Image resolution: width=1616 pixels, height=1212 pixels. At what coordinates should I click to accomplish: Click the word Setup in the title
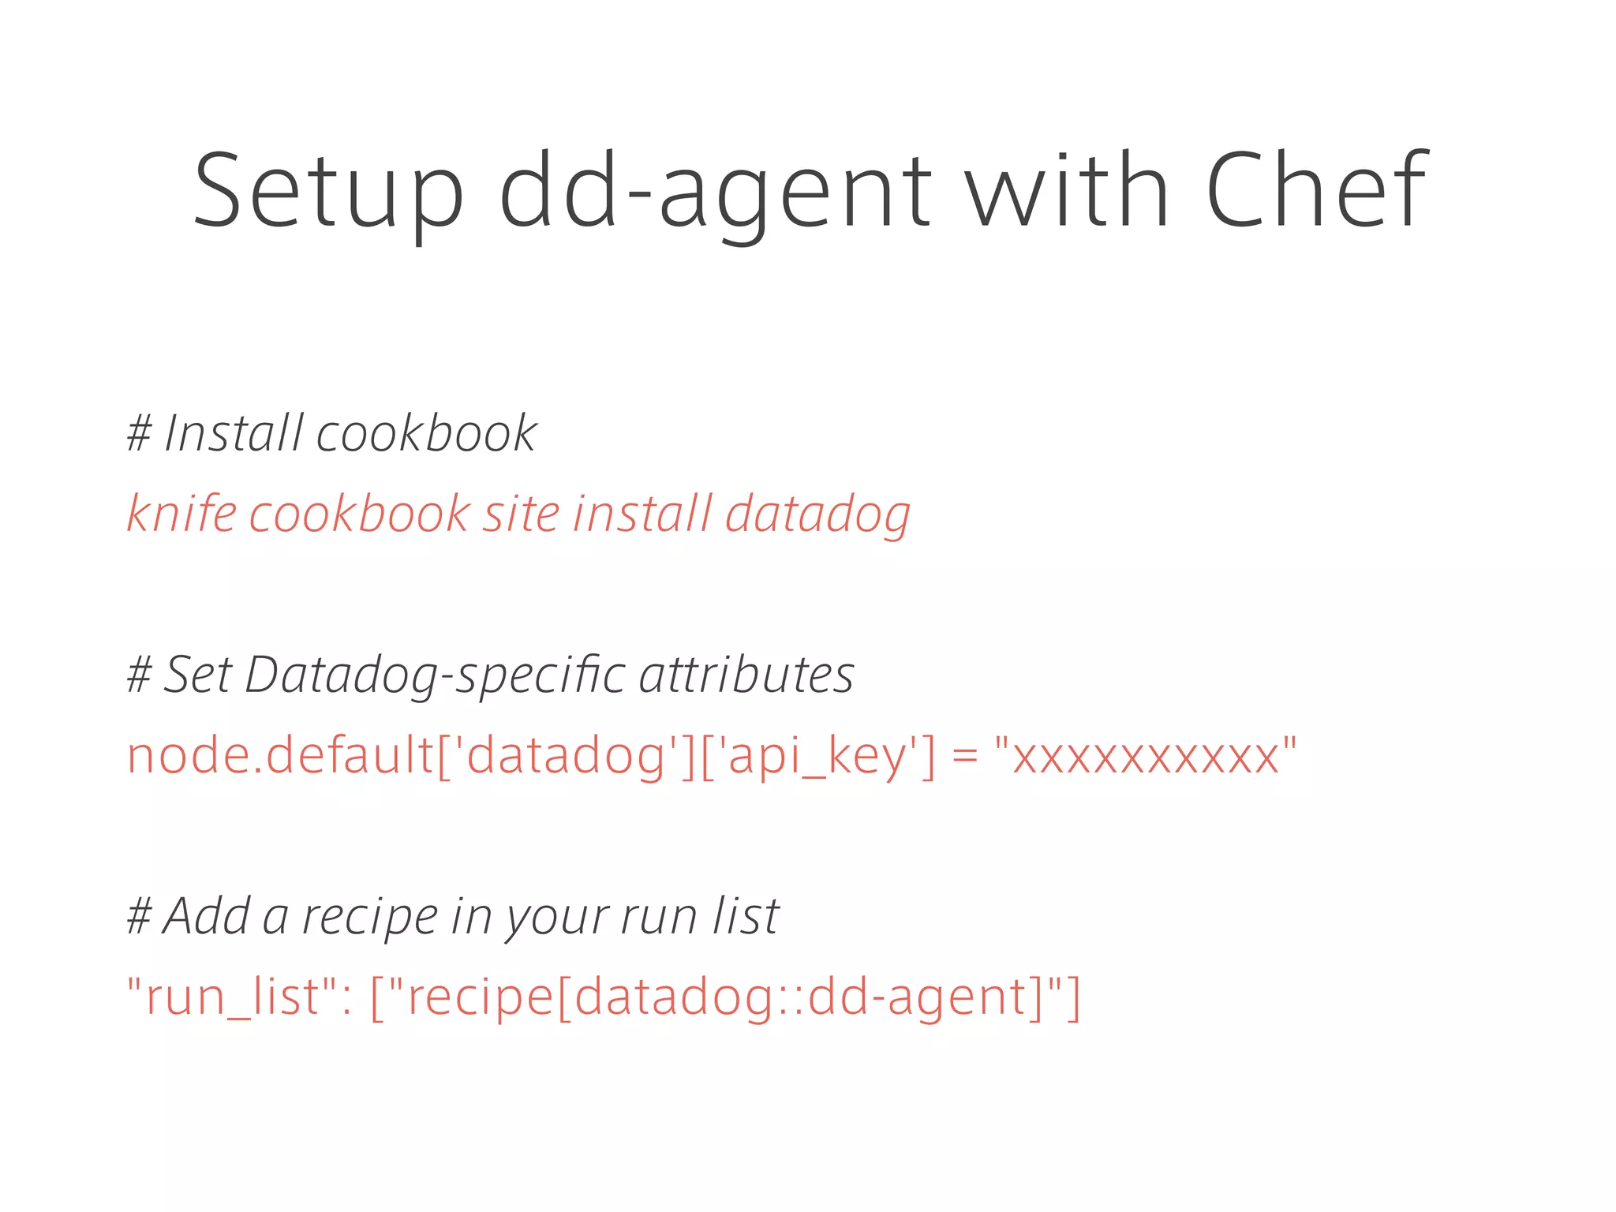(x=328, y=192)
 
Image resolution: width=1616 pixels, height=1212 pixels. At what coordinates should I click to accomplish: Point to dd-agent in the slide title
(x=715, y=192)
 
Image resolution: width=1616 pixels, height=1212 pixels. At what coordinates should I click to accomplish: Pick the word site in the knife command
(x=522, y=514)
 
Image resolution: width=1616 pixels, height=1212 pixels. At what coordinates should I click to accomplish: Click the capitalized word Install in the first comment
(x=234, y=433)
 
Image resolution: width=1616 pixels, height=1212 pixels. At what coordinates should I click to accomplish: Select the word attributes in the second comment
(x=746, y=675)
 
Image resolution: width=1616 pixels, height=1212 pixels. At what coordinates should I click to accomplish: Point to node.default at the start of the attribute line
(x=280, y=755)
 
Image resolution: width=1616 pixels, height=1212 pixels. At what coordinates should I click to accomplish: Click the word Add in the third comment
(x=207, y=916)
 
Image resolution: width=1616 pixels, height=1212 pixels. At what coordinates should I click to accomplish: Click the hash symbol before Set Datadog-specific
(x=139, y=676)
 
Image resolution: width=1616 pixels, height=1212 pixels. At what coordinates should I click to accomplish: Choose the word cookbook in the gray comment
(x=426, y=433)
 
